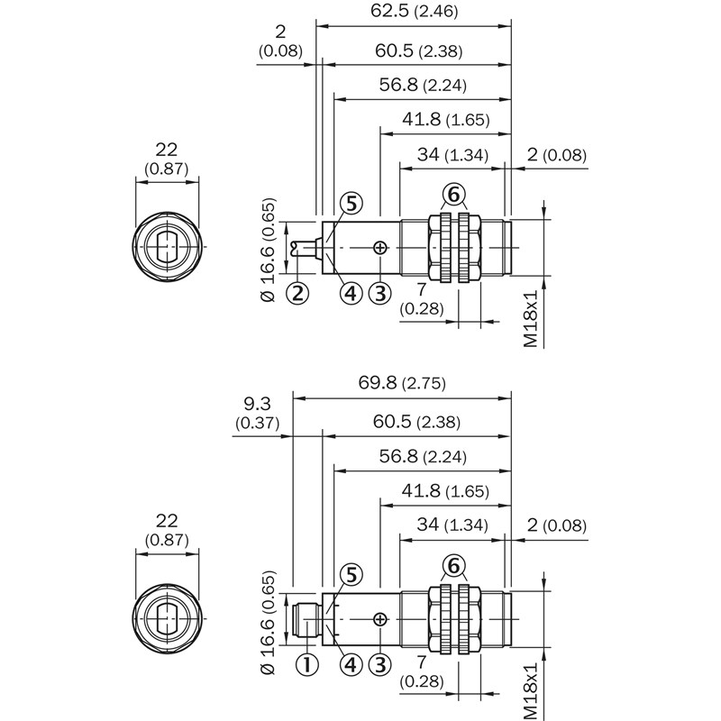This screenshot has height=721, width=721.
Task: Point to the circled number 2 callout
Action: point(298,292)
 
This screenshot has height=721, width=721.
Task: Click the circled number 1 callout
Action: point(307,664)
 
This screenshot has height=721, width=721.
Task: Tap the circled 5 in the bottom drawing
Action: point(351,574)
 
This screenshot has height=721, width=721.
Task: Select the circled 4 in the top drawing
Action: point(351,292)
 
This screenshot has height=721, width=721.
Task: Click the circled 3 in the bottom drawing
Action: point(381,664)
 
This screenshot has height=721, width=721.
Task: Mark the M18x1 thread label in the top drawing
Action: point(531,319)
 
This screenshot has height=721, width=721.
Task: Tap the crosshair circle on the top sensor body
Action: point(381,247)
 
